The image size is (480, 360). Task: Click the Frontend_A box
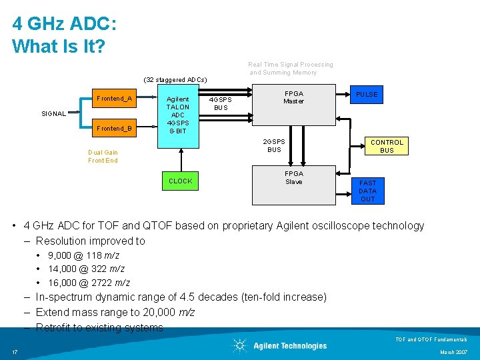(x=114, y=99)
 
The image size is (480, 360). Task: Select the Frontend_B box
(x=114, y=128)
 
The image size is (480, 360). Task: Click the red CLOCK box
(x=180, y=181)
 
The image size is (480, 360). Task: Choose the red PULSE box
(x=366, y=95)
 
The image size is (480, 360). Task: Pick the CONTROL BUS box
(x=387, y=146)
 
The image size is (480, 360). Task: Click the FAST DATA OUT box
(x=367, y=191)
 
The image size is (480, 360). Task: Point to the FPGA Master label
(x=293, y=97)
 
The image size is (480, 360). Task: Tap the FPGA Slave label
(x=293, y=177)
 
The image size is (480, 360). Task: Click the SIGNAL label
(x=53, y=114)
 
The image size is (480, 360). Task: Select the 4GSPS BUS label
(x=221, y=103)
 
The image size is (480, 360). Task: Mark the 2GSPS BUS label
(x=274, y=145)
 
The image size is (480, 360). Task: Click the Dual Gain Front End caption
(x=103, y=156)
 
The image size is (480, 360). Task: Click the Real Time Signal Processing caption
(x=291, y=65)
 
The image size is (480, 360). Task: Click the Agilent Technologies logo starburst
(x=239, y=345)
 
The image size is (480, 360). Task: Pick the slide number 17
(x=14, y=352)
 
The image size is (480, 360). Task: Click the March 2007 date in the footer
(x=454, y=352)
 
